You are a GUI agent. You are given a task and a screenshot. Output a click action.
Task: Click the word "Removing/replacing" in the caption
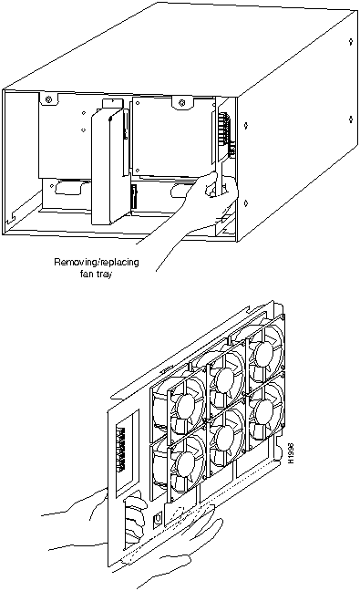tap(97, 262)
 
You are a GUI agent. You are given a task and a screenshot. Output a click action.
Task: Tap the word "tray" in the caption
tap(104, 275)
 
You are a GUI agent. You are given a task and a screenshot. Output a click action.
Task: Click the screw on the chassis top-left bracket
tap(47, 100)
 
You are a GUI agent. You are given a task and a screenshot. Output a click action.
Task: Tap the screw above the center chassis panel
tap(182, 102)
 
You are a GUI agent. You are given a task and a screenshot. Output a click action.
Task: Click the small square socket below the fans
tap(158, 521)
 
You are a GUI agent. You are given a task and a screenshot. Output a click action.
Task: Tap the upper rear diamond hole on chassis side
tap(351, 41)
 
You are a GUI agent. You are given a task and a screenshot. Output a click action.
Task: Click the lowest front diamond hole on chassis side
tap(245, 203)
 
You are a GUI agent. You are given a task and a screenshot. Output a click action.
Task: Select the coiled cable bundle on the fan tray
tap(135, 519)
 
